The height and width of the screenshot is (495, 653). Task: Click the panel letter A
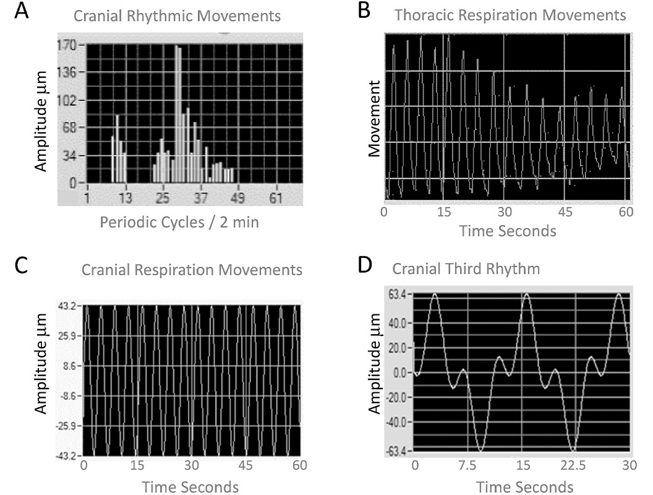20,12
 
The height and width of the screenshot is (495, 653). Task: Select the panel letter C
20,265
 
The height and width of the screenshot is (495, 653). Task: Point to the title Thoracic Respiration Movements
510,15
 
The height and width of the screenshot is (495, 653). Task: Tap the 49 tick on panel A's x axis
238,198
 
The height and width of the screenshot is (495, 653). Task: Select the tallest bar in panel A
177,114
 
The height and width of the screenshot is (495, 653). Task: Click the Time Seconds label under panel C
190,487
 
